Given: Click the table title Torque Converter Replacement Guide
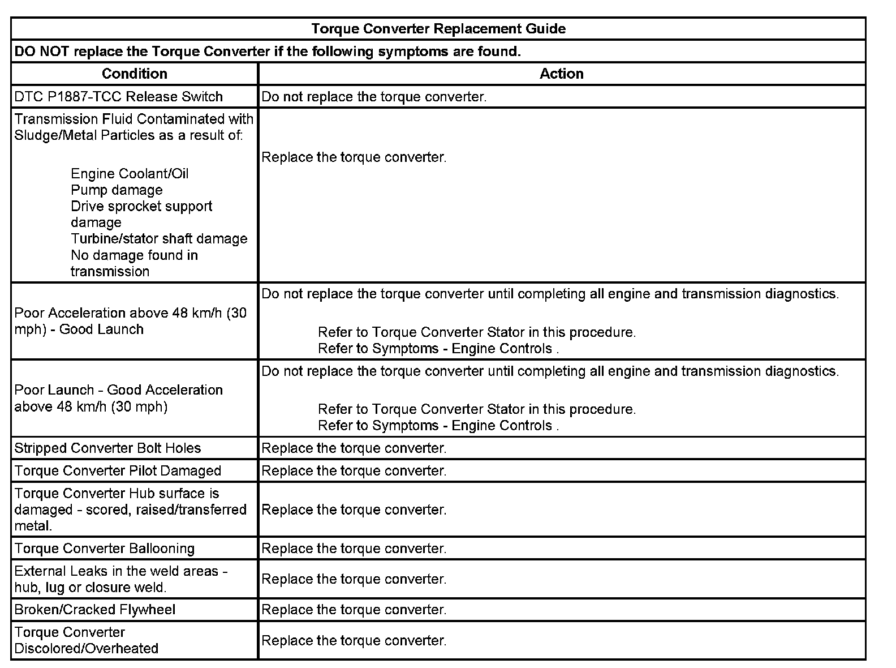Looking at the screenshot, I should tap(438, 29).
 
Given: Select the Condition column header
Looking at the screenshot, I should tap(135, 74).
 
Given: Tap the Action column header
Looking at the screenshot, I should tap(561, 74).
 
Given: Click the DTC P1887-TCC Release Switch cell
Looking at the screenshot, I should tap(119, 97).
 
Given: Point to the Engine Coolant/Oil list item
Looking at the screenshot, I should tap(130, 174).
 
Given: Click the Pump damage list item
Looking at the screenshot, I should tap(117, 190).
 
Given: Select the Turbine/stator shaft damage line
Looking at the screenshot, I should tap(159, 239).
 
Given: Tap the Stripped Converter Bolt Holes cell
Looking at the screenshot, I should tap(107, 448).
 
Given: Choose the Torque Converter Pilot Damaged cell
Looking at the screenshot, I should tap(118, 471).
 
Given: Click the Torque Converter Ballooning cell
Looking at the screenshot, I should tap(105, 549).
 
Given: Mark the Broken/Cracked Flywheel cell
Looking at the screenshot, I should tap(95, 610).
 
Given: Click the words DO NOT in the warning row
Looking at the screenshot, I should tap(42, 52).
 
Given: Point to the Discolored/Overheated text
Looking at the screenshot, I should tap(87, 648).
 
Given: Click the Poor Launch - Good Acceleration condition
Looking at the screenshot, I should tap(119, 399).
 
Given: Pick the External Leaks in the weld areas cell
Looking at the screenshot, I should tap(121, 579).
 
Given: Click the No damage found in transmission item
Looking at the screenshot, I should tap(134, 263).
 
